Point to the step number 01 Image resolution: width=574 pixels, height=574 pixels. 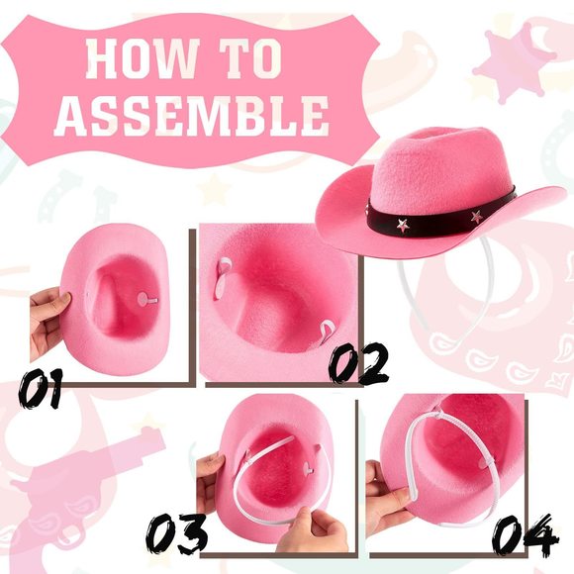coord(42,388)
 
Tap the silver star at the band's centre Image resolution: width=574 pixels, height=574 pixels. coord(403,225)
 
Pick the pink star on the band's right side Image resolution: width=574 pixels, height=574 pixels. coord(476,215)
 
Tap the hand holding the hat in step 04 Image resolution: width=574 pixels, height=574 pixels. coord(388,495)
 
